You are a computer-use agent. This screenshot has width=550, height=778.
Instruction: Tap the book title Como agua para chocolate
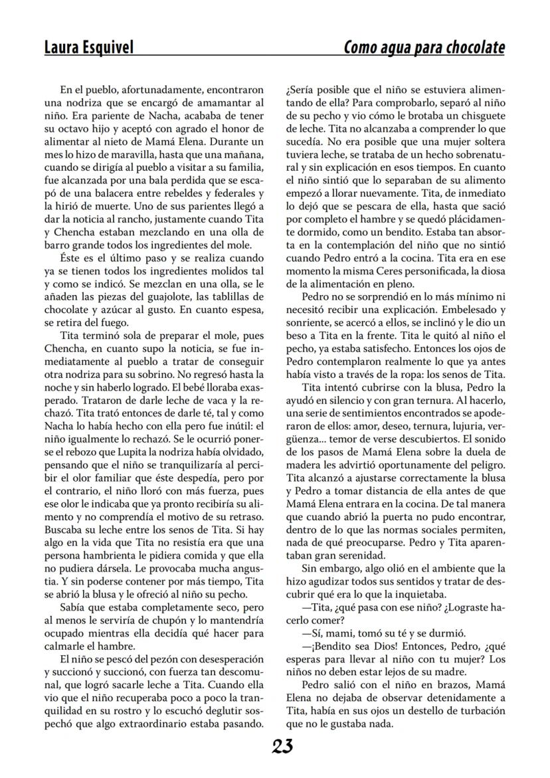(x=424, y=48)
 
